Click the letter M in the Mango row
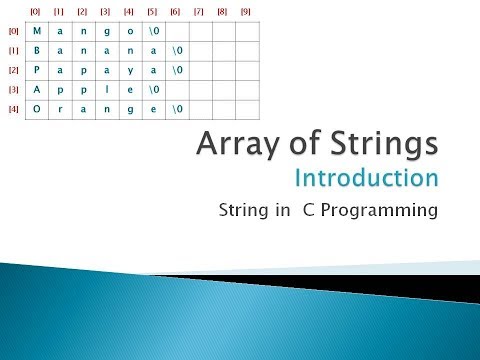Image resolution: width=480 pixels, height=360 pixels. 37,30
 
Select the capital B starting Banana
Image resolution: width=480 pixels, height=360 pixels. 37,50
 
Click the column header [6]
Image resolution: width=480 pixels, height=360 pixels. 175,11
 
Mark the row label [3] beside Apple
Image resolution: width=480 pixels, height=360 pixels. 13,89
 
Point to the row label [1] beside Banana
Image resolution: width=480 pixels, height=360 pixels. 13,50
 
